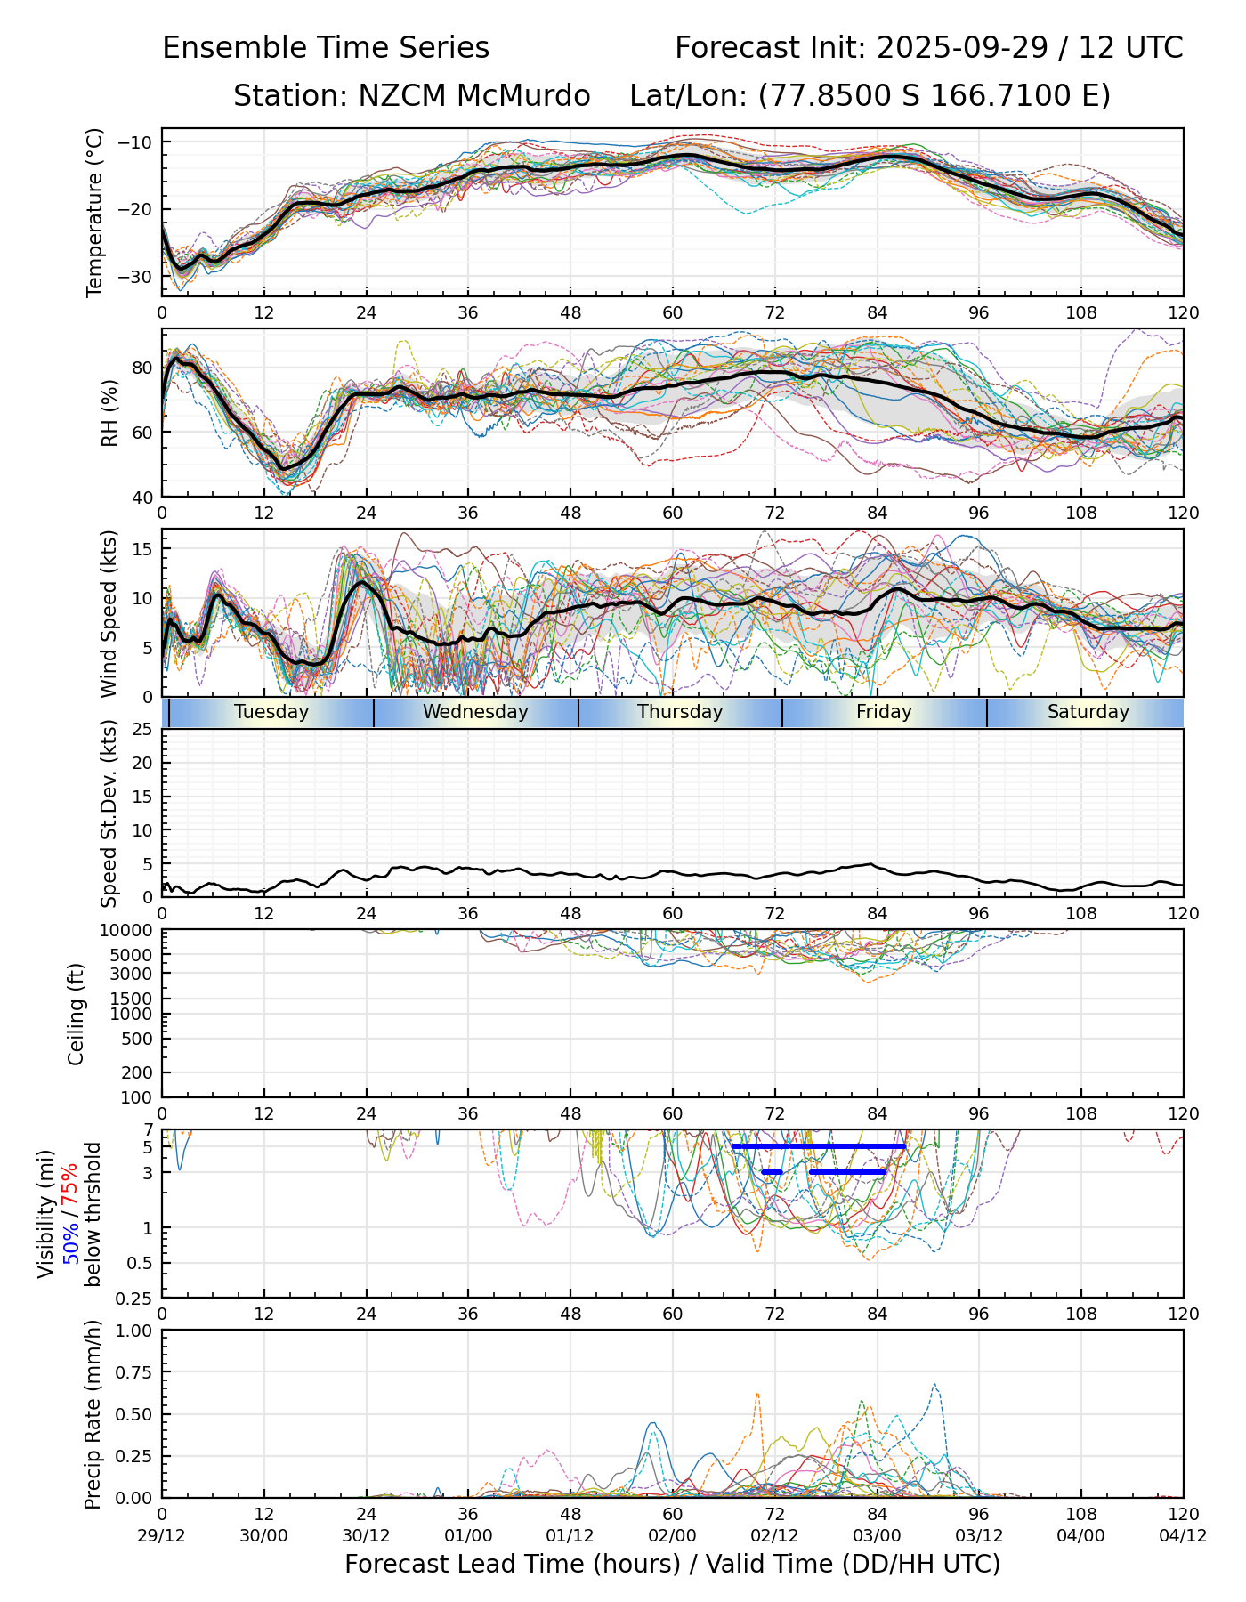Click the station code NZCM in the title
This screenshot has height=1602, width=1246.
[x=397, y=96]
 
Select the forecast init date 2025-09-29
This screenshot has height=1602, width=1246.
[x=963, y=48]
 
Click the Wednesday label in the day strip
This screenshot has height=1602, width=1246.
[x=475, y=712]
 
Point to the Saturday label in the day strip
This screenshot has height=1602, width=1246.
[x=1088, y=712]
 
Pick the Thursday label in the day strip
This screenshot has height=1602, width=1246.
[x=680, y=712]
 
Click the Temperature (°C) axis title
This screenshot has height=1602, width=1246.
[x=95, y=212]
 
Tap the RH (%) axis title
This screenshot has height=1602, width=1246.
[x=109, y=413]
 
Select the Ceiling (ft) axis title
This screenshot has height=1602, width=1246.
[x=77, y=1014]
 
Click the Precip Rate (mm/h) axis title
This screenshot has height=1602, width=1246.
[x=93, y=1414]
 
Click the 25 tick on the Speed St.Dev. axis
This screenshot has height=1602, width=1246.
[x=143, y=730]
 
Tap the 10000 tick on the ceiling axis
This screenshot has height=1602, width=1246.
[x=130, y=931]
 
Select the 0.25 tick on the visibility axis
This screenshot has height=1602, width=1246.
[x=137, y=1298]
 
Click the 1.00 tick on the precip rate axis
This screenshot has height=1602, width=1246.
[x=133, y=1331]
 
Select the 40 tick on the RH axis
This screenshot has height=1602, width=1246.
[x=142, y=497]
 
